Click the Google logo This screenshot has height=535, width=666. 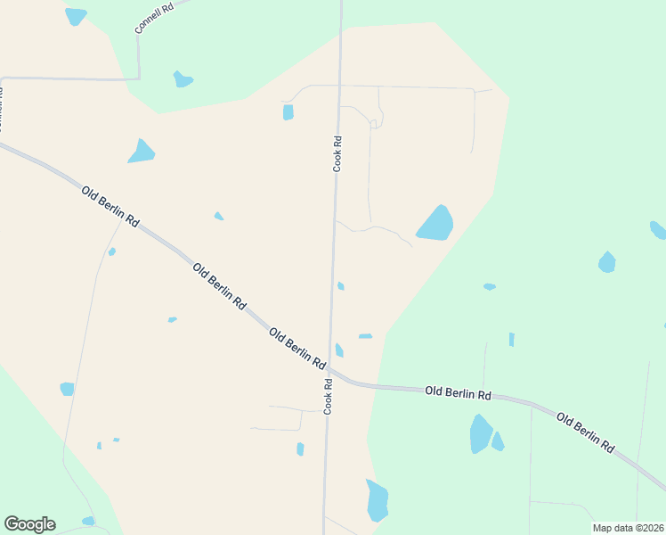(29, 524)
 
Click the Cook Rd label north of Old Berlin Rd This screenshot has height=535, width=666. (337, 153)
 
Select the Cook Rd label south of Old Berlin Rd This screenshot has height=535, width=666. (329, 397)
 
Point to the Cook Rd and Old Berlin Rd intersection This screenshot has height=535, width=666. (329, 367)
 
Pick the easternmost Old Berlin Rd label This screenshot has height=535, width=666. (585, 431)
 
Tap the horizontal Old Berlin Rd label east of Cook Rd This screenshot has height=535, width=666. (458, 391)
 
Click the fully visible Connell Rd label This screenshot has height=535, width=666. (152, 17)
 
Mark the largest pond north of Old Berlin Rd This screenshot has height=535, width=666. (435, 224)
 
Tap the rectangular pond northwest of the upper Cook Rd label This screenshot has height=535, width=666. (288, 112)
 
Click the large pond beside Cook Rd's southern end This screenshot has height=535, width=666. (377, 500)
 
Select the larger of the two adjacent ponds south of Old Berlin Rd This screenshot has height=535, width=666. (481, 433)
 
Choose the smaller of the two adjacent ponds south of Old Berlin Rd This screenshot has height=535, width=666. (498, 441)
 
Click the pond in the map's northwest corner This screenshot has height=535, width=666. (76, 16)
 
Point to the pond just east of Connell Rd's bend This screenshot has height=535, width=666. (183, 79)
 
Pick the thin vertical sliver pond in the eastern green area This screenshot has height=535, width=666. (511, 340)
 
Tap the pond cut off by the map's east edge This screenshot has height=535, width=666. (658, 230)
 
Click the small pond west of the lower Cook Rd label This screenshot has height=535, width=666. (300, 449)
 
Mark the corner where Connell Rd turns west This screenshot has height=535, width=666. (139, 78)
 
